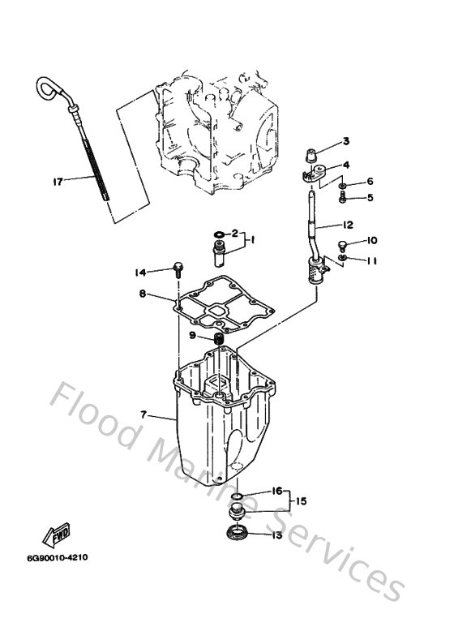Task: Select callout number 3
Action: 345,141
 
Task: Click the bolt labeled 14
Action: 177,272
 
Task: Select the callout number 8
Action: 142,295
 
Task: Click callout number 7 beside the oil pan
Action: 142,414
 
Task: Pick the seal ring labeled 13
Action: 238,533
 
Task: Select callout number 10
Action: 372,240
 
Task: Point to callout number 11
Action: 372,260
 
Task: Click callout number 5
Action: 370,197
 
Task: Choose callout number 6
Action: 370,181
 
